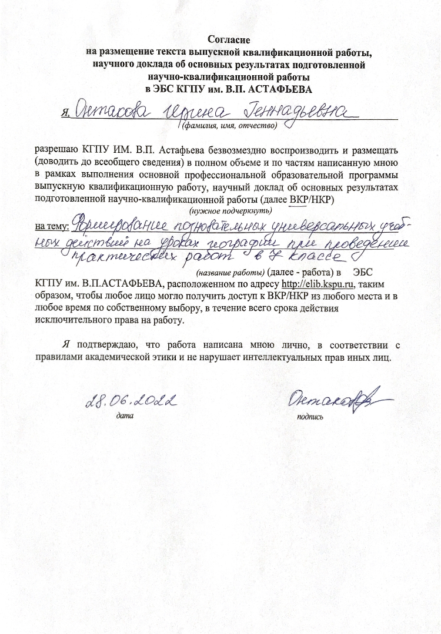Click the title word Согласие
229,40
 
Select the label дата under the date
125,415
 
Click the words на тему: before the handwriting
52,226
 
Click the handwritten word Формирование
118,227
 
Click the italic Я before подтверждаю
66,345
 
